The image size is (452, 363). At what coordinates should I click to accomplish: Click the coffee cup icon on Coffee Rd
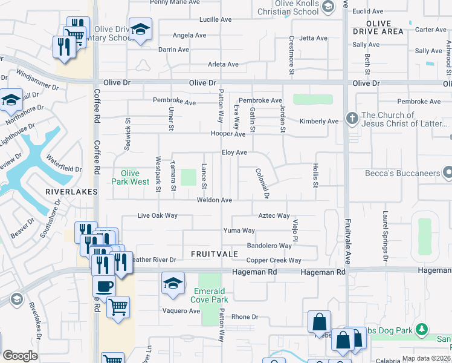click(x=104, y=286)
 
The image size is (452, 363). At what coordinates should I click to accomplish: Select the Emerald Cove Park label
click(x=209, y=295)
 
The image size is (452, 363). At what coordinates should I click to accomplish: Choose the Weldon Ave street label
click(x=214, y=200)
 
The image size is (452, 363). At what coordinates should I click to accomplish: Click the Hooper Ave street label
click(x=228, y=134)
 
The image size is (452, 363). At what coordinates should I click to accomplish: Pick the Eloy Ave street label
click(x=234, y=153)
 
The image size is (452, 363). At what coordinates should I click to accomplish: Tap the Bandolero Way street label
click(x=270, y=246)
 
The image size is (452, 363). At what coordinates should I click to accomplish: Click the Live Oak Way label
click(x=157, y=215)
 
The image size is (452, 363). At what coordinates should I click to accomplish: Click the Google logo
click(x=20, y=356)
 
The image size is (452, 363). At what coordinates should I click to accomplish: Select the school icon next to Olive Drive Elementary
click(x=140, y=30)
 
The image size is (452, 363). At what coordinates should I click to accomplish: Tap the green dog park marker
click(x=422, y=330)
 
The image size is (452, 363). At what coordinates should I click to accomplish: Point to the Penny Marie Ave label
click(x=175, y=2)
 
